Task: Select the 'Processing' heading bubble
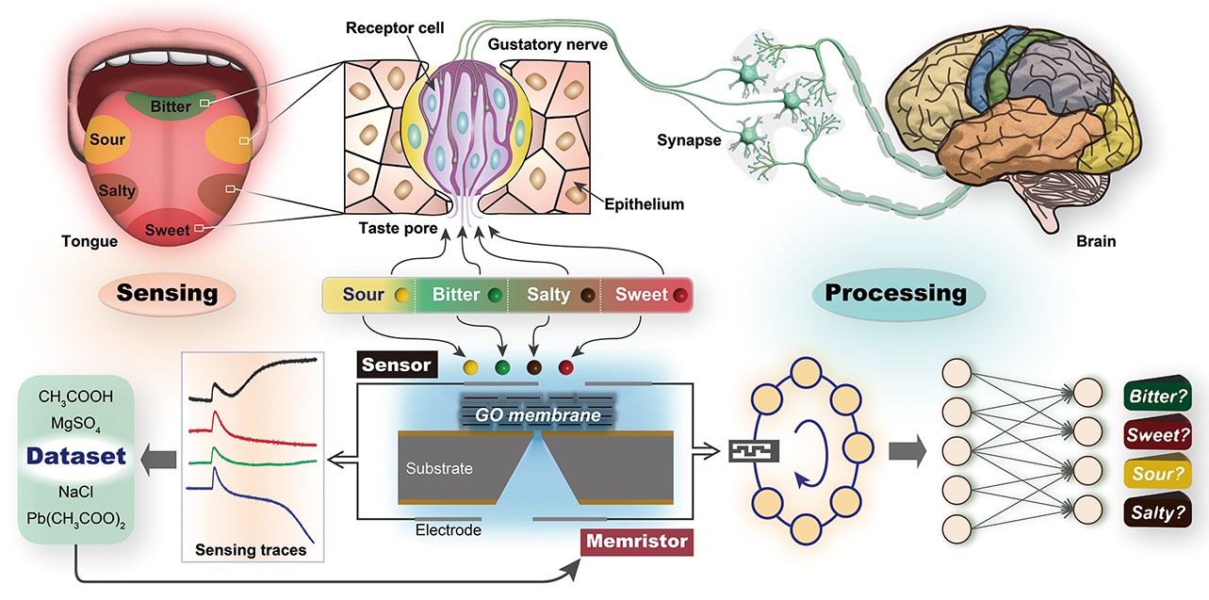point(895,293)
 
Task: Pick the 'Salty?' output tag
point(1155,511)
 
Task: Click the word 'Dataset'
point(76,457)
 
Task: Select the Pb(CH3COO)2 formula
point(76,518)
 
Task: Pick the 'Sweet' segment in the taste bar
point(643,295)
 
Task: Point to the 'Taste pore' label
point(397,229)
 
